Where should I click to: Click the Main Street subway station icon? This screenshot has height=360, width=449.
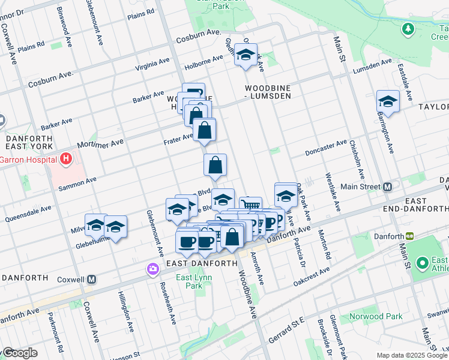tap(388, 187)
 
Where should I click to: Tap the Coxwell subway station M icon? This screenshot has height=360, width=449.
tap(91, 279)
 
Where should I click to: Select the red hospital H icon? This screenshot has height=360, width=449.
tap(65, 160)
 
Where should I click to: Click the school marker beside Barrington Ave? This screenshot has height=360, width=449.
tap(388, 102)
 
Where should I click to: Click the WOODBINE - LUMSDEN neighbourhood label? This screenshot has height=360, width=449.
tap(268, 91)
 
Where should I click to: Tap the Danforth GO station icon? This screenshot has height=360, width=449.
tap(410, 236)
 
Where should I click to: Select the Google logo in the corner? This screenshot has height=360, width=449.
tap(20, 353)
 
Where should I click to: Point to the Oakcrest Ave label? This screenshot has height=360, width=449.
tap(312, 273)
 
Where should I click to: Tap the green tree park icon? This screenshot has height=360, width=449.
tap(408, 28)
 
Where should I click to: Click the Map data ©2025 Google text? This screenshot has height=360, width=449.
tap(412, 355)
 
